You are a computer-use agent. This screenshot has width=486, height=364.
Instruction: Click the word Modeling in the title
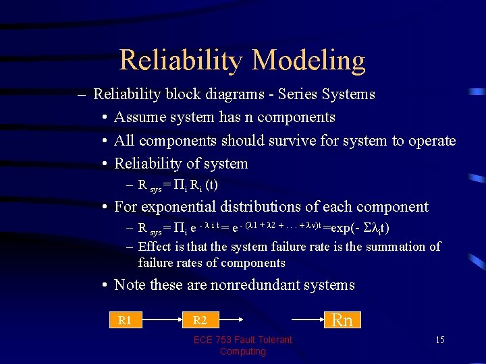309,61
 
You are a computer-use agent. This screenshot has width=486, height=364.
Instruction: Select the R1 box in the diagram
125,320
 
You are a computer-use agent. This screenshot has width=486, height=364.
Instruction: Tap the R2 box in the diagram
200,320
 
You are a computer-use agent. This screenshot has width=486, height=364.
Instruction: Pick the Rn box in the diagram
343,320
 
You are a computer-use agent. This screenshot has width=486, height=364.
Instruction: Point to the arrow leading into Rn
306,320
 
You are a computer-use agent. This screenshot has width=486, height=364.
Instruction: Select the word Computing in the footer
242,351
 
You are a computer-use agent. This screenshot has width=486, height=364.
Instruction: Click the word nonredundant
249,285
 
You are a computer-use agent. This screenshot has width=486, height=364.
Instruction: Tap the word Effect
155,247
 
